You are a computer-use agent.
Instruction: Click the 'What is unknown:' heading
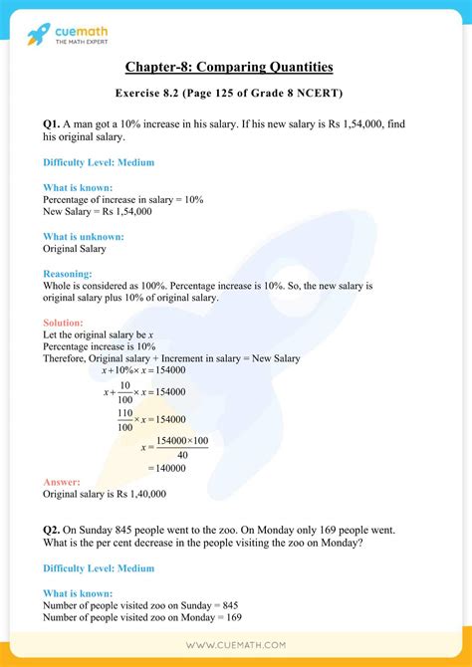click(84, 237)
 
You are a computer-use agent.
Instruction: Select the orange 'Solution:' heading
click(64, 323)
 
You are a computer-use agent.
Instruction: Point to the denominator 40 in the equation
click(182, 450)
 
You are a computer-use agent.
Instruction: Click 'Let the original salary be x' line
click(99, 335)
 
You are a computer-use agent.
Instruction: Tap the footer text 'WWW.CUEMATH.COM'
click(235, 645)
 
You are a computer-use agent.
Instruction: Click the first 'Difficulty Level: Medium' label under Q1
click(99, 162)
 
